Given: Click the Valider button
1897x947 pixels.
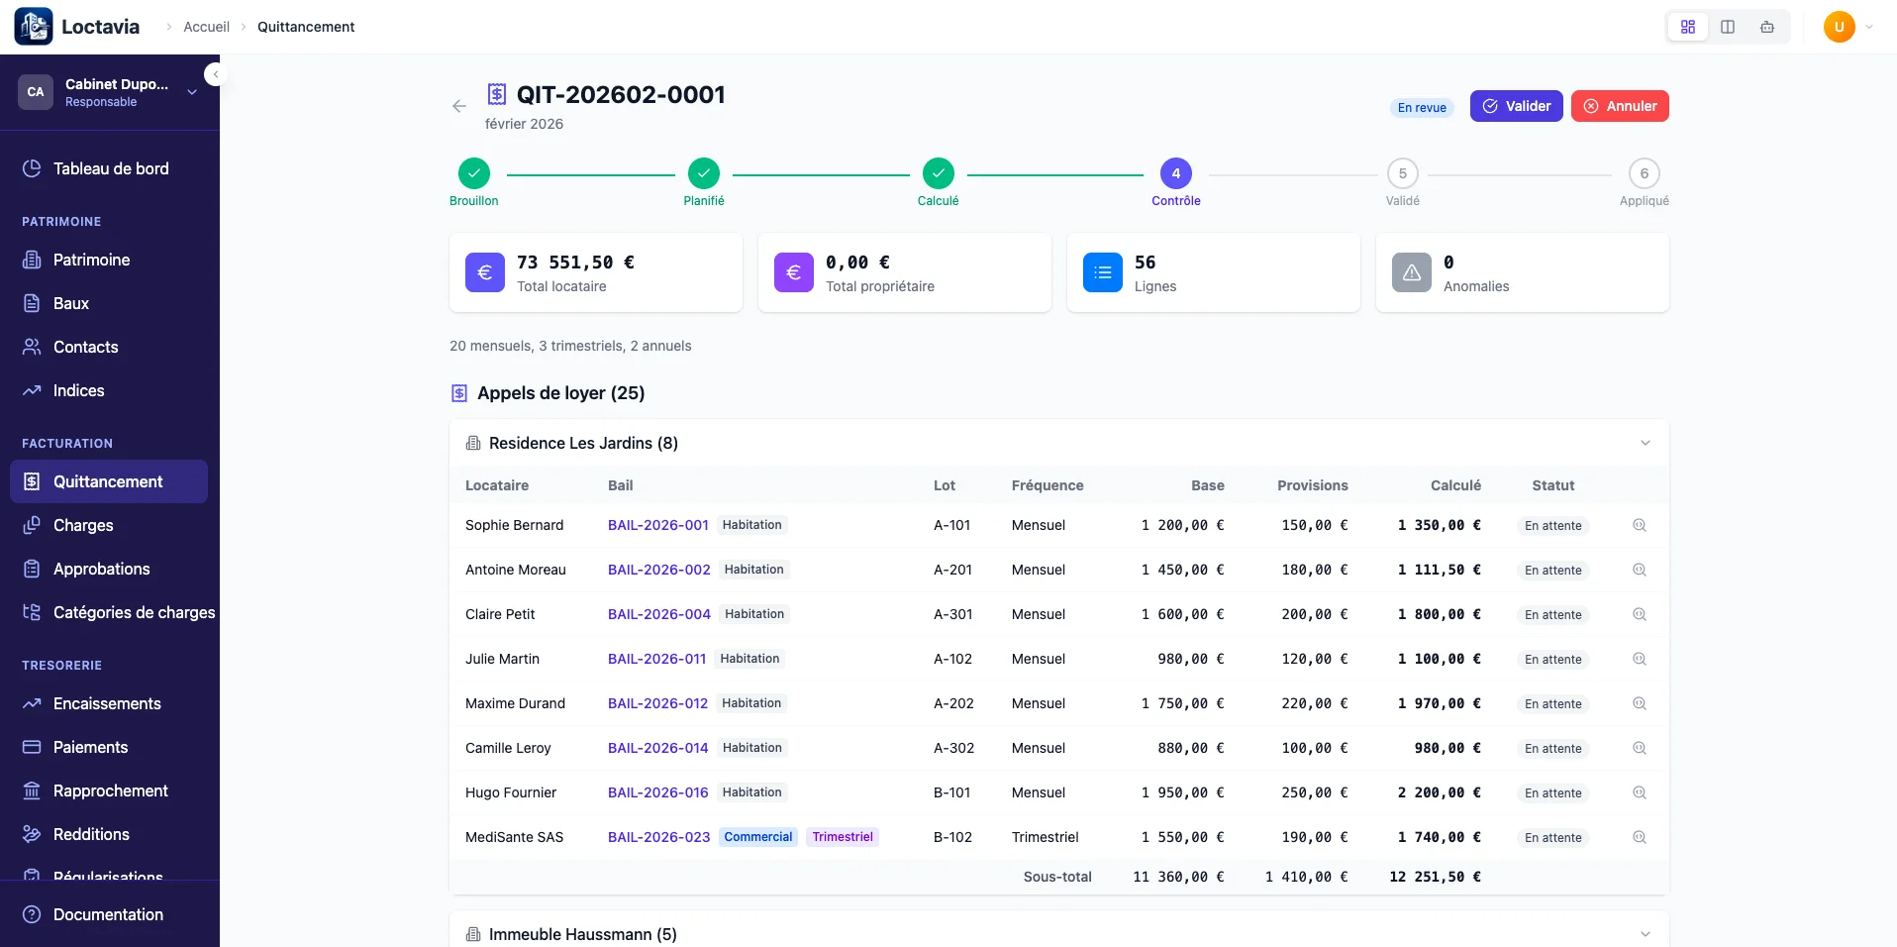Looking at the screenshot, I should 1516,106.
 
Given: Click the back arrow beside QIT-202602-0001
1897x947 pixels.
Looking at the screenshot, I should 458,106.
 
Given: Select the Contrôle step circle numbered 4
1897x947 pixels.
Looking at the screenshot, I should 1175,173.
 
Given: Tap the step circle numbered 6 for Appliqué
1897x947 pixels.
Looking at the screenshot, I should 1644,173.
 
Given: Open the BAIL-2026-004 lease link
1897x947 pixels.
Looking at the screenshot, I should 658,614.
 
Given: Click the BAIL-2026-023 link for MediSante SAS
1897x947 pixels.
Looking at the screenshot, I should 658,837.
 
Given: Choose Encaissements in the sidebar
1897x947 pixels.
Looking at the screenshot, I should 107,703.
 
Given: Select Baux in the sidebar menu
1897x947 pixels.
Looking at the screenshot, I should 71,303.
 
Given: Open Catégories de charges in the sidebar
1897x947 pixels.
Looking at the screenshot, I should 134,612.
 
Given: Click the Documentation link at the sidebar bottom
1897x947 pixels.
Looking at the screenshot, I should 108,914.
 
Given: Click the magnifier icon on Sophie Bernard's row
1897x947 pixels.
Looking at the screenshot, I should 1640,525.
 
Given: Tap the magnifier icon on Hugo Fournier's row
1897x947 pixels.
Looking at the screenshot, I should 1640,792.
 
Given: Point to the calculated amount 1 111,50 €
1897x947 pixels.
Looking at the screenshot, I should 1439,570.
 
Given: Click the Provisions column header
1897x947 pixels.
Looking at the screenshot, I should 1312,485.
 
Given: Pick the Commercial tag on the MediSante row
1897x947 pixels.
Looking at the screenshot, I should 757,837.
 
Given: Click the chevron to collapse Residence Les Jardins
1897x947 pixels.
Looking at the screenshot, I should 1645,443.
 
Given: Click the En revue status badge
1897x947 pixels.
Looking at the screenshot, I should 1422,107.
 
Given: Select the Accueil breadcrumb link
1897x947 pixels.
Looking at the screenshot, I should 206,27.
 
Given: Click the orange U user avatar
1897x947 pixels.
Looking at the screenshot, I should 1839,27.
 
